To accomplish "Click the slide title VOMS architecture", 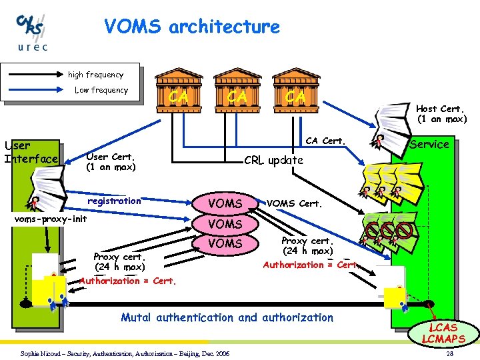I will click(192, 27).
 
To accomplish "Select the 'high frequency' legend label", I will click(95, 75).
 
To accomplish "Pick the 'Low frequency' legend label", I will click(101, 90).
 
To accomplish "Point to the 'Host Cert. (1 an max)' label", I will click(441, 114).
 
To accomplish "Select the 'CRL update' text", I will click(273, 160).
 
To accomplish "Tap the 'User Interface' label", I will click(31, 152).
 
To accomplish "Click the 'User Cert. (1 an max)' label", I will click(111, 162).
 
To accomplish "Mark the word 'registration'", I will click(115, 200).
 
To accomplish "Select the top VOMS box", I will click(225, 203).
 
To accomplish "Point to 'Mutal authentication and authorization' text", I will click(227, 317).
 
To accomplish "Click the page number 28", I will click(450, 353).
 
